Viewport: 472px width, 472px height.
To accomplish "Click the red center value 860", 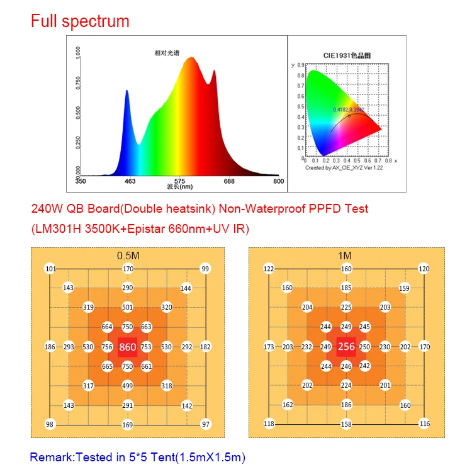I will (x=128, y=347).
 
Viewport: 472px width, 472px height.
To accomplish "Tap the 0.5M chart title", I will (x=128, y=256).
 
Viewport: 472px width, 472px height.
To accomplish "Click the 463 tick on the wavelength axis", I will (x=130, y=181).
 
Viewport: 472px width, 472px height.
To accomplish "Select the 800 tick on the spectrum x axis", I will (x=278, y=181).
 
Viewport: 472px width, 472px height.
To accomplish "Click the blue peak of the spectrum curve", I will (x=126, y=92).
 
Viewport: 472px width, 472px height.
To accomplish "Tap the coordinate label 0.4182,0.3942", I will (x=349, y=110).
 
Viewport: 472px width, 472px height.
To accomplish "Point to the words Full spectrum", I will (x=80, y=21).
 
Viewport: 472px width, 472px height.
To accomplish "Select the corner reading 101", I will (x=50, y=269).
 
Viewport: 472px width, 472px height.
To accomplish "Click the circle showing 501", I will (x=128, y=308).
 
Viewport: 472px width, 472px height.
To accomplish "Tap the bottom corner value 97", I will (x=205, y=424).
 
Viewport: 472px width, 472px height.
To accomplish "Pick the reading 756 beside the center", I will (x=107, y=347).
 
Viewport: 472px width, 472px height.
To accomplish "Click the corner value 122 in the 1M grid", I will (x=269, y=269).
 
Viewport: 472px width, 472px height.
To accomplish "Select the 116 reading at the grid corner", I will (x=425, y=424).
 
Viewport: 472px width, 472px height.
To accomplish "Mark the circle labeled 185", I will (x=347, y=288).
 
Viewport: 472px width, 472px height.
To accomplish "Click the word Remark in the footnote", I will (x=52, y=458).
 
